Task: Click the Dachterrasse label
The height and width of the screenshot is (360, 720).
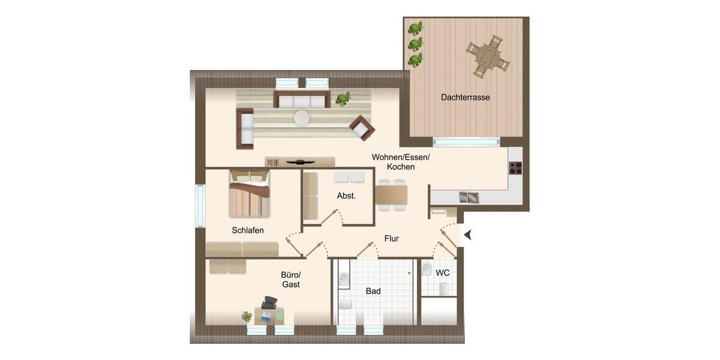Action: tap(465, 97)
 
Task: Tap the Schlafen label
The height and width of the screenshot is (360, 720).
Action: tap(248, 230)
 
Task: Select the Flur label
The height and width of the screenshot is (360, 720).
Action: tap(391, 239)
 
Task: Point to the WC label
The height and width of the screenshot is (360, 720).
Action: tap(443, 273)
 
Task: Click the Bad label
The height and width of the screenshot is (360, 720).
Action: tap(373, 292)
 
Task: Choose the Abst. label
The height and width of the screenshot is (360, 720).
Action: tap(346, 196)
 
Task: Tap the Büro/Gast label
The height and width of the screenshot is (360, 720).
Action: tap(290, 280)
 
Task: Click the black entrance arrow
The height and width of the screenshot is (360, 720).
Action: tap(467, 235)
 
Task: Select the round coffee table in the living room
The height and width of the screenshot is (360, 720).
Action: tap(302, 118)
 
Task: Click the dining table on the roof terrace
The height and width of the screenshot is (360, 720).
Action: tap(488, 57)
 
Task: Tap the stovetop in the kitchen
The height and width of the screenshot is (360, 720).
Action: tap(515, 168)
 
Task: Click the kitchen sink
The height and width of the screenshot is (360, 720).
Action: tap(468, 197)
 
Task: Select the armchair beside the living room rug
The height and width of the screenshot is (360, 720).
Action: tap(362, 127)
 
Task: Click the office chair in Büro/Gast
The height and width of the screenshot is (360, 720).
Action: tap(269, 302)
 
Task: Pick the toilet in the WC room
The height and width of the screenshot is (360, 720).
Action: tap(445, 289)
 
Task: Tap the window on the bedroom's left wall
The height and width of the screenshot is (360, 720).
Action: tap(200, 205)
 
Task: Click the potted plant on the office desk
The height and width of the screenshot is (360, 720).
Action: tap(247, 316)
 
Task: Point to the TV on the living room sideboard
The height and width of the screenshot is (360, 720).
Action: tap(300, 161)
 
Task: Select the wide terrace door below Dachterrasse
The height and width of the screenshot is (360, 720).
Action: tap(466, 142)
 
